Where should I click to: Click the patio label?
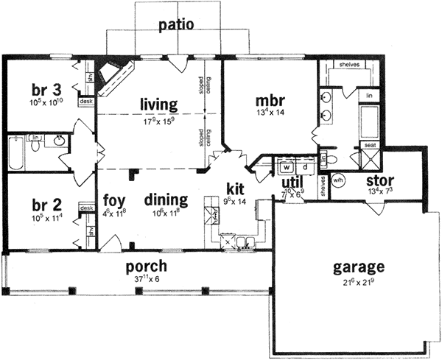coord(176,25)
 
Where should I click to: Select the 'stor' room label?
coord(380,180)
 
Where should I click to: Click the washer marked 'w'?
coord(283,167)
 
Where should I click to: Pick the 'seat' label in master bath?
coord(369,146)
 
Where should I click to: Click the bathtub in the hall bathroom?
coord(15,153)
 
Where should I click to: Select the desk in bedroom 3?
coord(85,101)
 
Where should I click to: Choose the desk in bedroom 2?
coord(85,208)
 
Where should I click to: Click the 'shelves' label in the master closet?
coord(348,65)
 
